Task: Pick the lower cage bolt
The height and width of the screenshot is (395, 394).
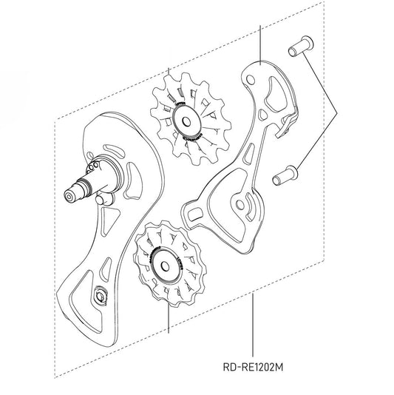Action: tap(285, 176)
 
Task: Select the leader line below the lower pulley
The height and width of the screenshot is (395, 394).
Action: tap(169, 318)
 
